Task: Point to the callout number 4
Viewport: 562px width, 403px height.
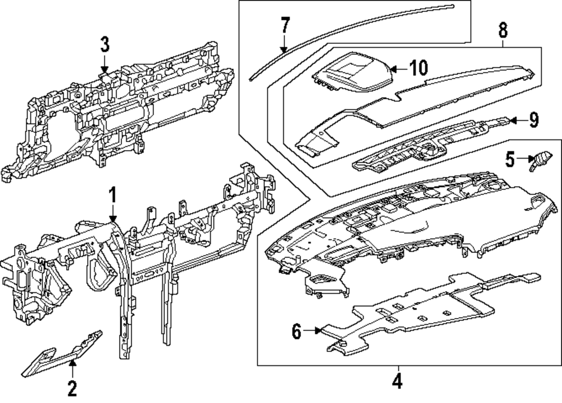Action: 397,382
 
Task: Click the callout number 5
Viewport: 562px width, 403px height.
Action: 509,160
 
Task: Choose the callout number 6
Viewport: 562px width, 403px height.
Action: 296,331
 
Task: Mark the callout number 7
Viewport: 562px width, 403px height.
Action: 285,25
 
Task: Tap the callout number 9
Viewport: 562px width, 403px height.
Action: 534,119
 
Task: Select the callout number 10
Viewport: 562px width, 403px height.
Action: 418,68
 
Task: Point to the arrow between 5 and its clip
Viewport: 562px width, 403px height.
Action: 523,160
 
